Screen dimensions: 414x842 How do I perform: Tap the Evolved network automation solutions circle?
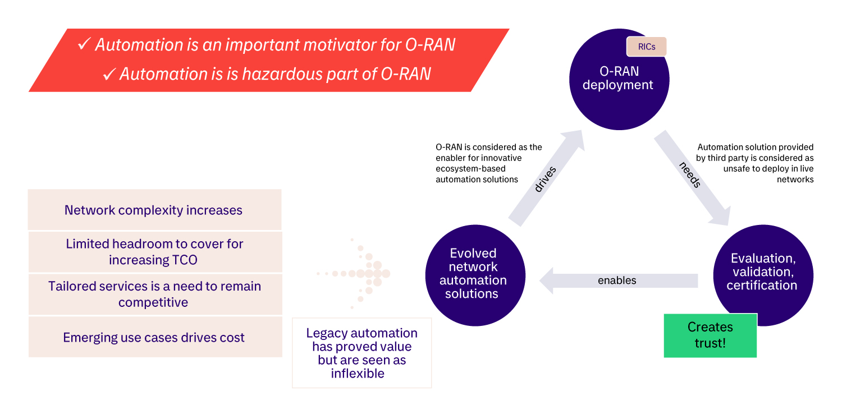click(475, 274)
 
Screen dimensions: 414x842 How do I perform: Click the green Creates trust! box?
click(710, 335)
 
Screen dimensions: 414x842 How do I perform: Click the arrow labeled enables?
click(617, 280)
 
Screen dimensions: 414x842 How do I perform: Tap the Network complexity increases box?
click(154, 210)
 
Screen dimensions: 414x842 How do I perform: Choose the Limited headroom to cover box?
click(154, 252)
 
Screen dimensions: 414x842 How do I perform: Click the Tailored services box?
click(154, 294)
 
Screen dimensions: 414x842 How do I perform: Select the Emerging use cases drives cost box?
click(154, 337)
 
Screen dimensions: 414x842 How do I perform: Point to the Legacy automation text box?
click(361, 353)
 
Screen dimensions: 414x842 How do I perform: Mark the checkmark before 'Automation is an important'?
click(85, 44)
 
